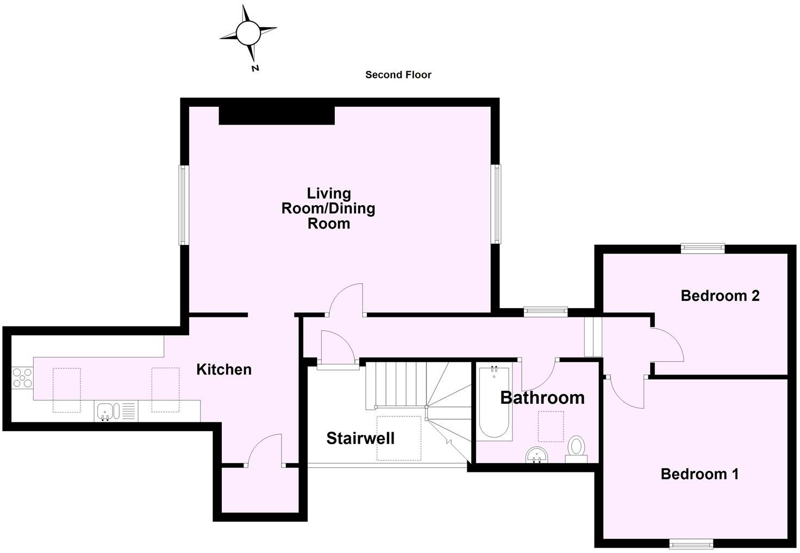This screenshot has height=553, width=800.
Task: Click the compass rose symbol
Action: pos(248,34)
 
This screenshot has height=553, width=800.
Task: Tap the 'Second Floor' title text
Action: pos(398,75)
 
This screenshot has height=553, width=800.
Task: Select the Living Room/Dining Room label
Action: pos(328,208)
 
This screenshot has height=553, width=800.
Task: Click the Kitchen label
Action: pos(223,370)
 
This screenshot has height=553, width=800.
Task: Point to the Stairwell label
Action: pos(360,438)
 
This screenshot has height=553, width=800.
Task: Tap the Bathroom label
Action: pos(542,398)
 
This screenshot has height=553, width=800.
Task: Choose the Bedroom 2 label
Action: pos(720,296)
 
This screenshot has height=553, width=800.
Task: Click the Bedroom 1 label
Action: pos(699,474)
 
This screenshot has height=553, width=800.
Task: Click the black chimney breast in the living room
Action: pos(277,115)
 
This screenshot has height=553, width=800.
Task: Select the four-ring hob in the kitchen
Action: pos(22,378)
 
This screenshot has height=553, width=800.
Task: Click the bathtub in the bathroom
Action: pos(495,402)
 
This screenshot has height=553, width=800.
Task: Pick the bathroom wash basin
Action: pos(537,454)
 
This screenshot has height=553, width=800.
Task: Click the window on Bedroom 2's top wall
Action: pos(703,248)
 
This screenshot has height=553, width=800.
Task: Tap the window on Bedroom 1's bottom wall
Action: pos(691,543)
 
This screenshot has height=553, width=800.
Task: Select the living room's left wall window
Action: pos(184,205)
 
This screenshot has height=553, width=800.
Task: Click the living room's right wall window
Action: pos(496,204)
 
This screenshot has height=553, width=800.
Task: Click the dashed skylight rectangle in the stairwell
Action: pos(399,438)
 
